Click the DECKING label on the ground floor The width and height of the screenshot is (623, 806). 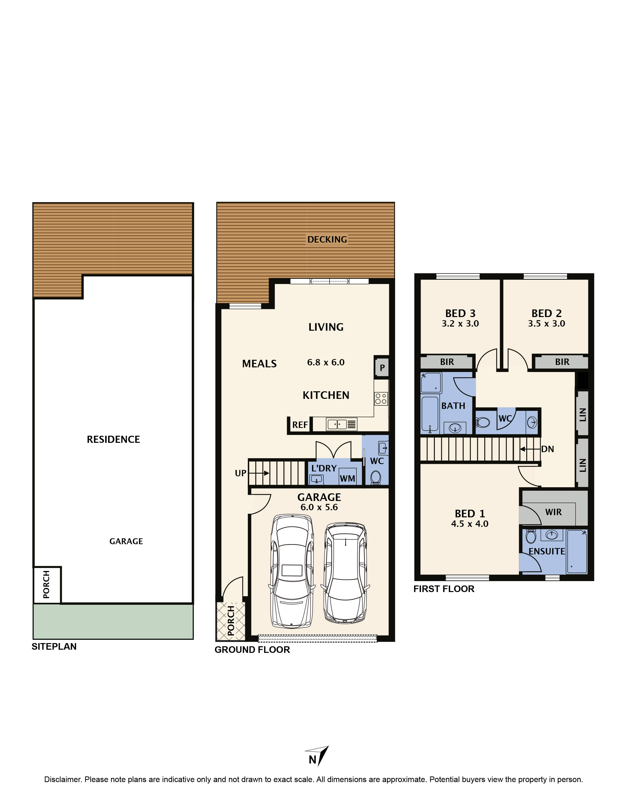(x=327, y=240)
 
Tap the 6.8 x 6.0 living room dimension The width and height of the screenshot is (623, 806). (x=325, y=362)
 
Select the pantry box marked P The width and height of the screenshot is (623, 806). (x=382, y=368)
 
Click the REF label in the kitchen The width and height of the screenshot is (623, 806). (x=300, y=425)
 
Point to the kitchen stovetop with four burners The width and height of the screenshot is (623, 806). (x=381, y=399)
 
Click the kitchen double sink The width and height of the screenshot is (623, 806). (x=337, y=424)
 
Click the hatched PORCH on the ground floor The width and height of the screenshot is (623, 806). (x=231, y=621)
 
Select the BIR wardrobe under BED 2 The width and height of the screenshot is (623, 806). (x=561, y=362)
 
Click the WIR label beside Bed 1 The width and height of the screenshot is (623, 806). (x=553, y=512)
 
